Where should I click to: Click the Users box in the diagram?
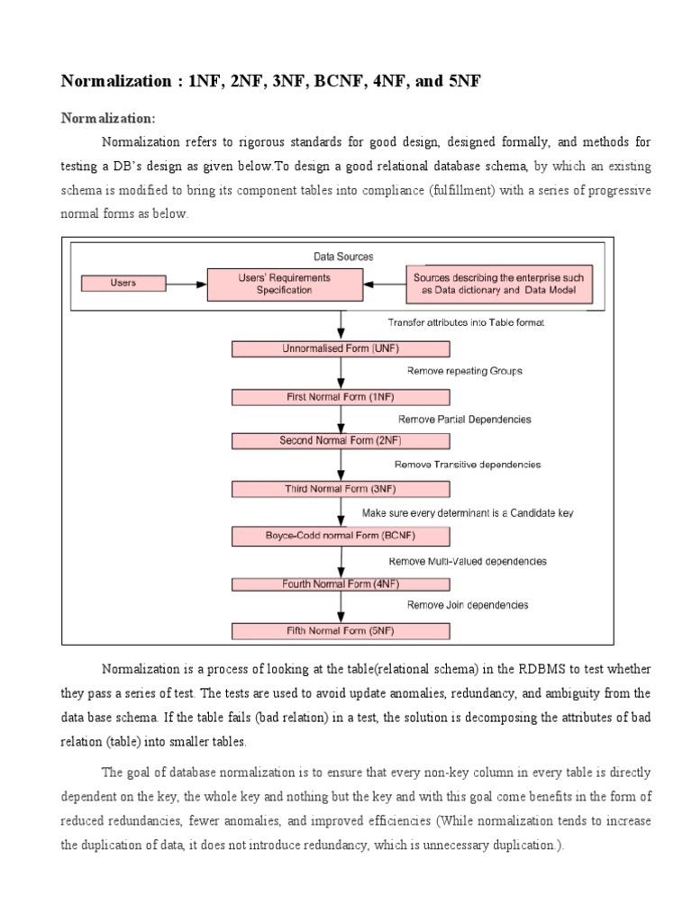[123, 283]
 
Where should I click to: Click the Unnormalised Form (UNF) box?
[340, 349]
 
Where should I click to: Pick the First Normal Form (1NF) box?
[340, 396]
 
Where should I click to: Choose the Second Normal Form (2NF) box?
[340, 441]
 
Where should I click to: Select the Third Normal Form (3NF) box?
[340, 489]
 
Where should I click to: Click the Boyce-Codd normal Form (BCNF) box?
[340, 537]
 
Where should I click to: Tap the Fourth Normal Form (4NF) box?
[340, 583]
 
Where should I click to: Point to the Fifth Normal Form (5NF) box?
[340, 630]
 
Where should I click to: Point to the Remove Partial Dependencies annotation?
[464, 419]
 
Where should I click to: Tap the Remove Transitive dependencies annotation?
[467, 465]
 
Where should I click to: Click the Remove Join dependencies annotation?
[467, 605]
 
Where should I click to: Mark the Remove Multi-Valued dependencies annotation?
[467, 561]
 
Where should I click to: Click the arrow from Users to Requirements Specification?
[187, 284]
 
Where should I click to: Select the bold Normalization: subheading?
[107, 118]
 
